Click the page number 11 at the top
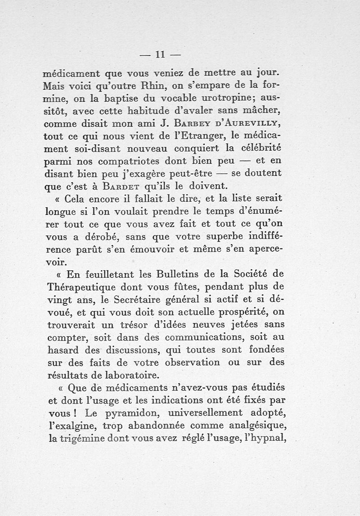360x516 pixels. pyautogui.click(x=160, y=54)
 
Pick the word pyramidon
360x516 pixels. pyautogui.click(x=126, y=413)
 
